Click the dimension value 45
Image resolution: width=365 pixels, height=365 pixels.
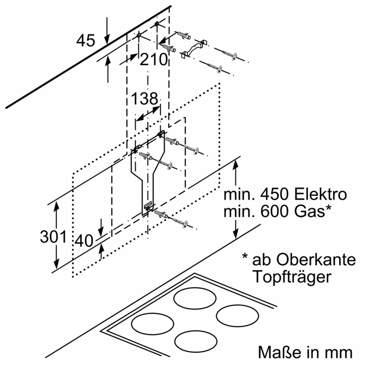coord(85,40)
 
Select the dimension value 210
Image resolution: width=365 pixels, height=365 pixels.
coord(154,60)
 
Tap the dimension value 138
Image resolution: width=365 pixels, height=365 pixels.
coord(145,99)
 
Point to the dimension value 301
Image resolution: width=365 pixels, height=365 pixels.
coord(53,237)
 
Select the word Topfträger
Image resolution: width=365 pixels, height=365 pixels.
coord(291,277)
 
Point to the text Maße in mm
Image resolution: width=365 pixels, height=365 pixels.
coord(305,352)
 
